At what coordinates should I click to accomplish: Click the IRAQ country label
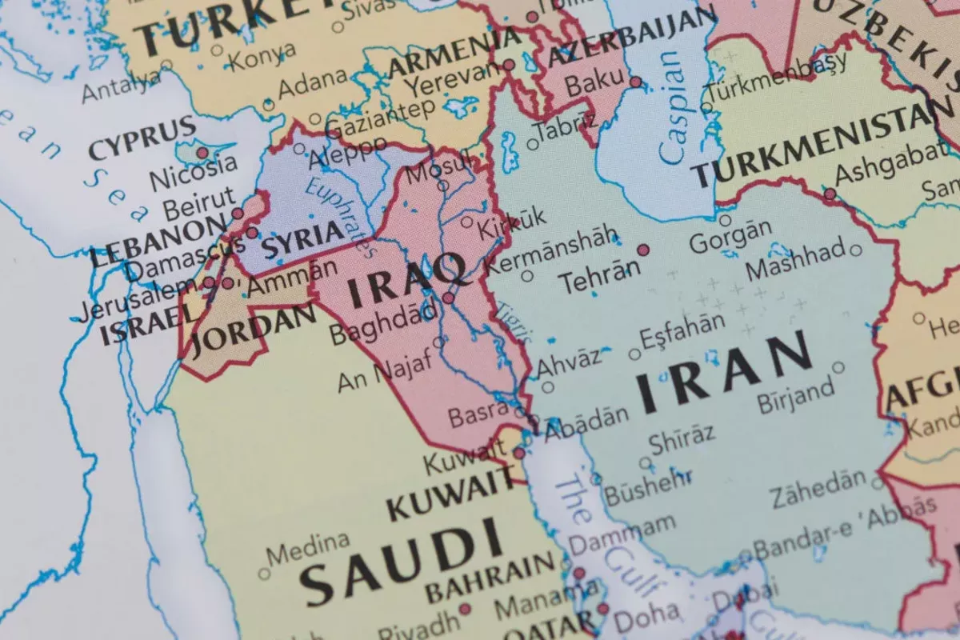409,282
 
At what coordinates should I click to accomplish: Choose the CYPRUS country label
142,138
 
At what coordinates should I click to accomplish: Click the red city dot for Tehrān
643,250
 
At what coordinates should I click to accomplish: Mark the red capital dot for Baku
635,82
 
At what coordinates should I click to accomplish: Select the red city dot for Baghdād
449,298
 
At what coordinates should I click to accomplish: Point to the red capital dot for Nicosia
202,152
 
